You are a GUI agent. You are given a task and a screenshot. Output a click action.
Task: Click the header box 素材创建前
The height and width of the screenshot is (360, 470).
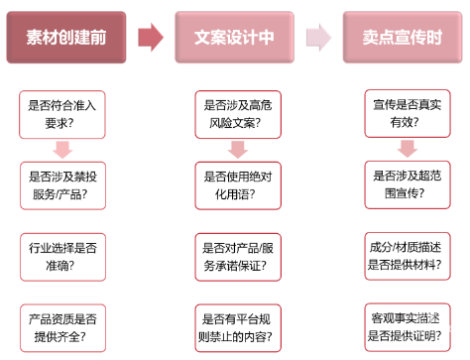[66, 38]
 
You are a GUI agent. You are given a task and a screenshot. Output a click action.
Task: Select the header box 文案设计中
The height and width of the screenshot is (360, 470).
[234, 38]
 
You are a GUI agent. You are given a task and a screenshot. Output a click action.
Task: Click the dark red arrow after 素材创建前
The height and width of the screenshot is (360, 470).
[150, 38]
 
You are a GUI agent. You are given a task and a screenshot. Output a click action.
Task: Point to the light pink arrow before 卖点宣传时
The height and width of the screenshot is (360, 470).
[318, 38]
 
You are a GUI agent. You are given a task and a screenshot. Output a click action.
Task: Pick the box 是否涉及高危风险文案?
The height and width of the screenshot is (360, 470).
[236, 114]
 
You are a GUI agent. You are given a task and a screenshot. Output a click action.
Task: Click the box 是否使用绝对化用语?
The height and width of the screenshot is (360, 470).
[236, 183]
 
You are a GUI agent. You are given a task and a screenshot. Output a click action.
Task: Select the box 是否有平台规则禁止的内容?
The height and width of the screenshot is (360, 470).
[236, 326]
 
